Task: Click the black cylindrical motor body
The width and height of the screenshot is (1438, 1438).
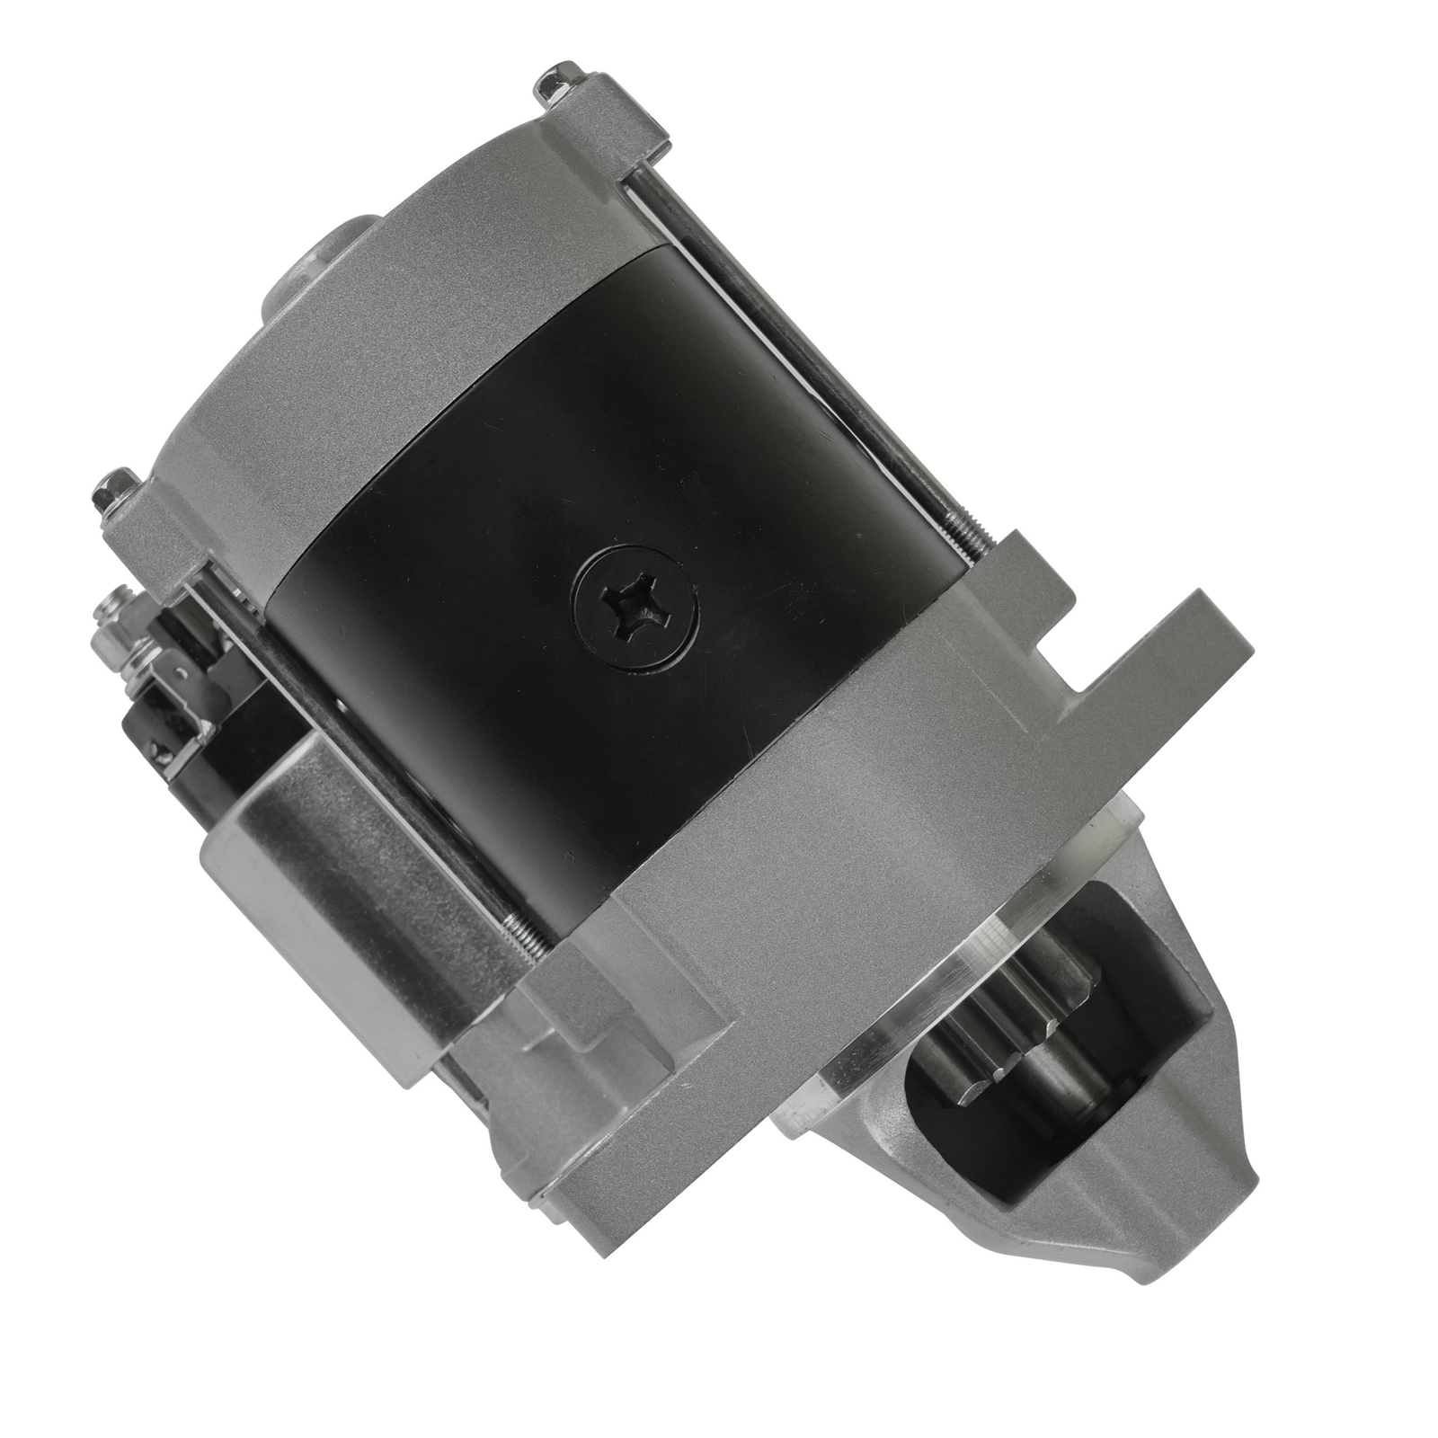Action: pyautogui.click(x=584, y=503)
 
